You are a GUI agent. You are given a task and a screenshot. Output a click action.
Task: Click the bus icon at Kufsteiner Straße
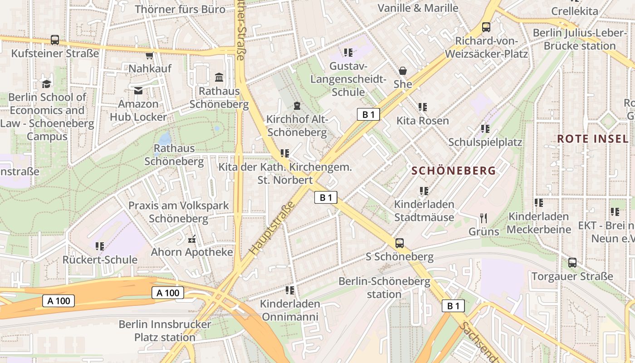click(55, 39)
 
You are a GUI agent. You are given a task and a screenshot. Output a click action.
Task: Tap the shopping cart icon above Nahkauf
click(149, 55)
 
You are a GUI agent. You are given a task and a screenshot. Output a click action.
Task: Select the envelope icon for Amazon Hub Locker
click(138, 91)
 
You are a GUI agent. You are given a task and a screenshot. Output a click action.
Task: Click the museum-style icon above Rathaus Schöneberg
click(219, 77)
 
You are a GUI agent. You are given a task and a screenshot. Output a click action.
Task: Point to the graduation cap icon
click(47, 83)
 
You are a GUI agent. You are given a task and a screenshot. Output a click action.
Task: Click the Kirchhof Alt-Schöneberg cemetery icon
click(297, 106)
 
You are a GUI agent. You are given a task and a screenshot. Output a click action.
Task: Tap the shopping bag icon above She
click(402, 71)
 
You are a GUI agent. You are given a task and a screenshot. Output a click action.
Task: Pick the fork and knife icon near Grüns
click(484, 218)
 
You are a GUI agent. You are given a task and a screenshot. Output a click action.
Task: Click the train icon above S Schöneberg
click(399, 243)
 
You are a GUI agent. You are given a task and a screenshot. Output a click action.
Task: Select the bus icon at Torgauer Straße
click(572, 262)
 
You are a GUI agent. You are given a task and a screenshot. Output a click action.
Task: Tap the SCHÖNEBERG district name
click(454, 171)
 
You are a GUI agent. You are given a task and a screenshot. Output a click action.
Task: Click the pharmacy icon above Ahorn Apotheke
click(191, 239)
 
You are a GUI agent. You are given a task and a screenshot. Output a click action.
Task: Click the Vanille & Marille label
click(418, 8)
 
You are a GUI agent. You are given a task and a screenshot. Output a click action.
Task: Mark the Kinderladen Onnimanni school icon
click(290, 289)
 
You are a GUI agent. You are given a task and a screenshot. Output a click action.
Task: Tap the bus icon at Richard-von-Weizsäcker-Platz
click(486, 27)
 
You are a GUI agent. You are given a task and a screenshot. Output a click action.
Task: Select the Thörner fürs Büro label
click(180, 9)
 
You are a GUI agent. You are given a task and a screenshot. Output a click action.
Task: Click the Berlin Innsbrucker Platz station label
click(165, 331)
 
